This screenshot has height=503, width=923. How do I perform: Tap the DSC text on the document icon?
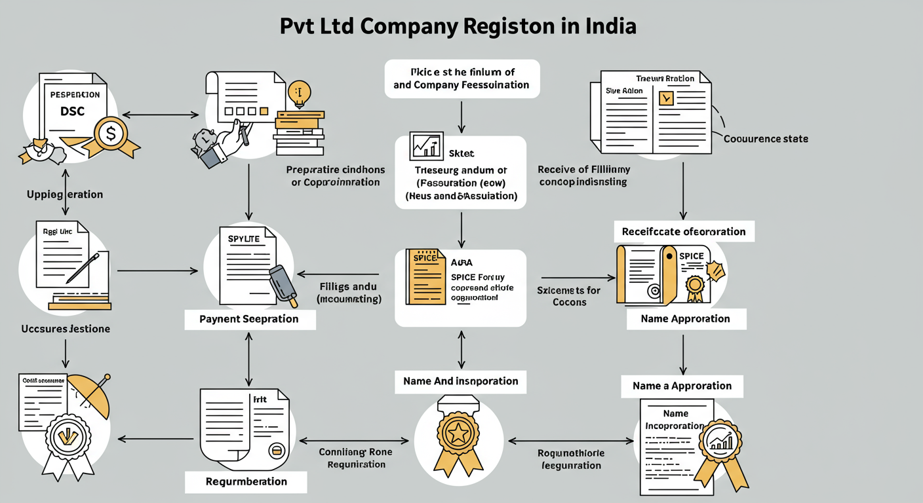(x=72, y=112)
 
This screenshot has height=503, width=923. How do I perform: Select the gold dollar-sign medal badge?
(x=111, y=135)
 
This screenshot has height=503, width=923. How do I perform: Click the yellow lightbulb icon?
(x=299, y=94)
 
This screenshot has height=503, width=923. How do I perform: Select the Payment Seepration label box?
(x=249, y=320)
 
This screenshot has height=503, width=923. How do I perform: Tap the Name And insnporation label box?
(x=460, y=381)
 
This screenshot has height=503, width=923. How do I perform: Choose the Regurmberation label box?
(x=246, y=481)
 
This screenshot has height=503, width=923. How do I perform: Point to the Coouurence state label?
(x=766, y=139)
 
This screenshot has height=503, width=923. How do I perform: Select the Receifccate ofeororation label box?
(x=684, y=232)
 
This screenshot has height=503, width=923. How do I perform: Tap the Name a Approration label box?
(x=682, y=386)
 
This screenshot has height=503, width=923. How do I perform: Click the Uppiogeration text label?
(x=64, y=195)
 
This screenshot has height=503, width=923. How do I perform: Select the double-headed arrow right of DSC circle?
(x=161, y=115)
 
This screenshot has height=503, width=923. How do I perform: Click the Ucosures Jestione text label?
(x=65, y=329)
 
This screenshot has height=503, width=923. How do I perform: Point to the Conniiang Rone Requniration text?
(x=356, y=458)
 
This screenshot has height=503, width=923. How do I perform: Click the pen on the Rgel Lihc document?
(x=85, y=269)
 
